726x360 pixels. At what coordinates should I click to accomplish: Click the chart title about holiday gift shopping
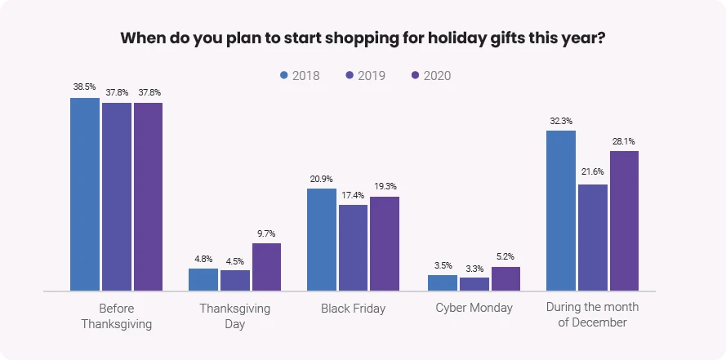(x=363, y=38)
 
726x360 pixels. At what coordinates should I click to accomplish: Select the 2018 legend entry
(x=299, y=76)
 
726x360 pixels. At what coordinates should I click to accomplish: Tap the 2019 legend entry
(x=364, y=76)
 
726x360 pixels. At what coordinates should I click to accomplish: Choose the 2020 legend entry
(x=430, y=76)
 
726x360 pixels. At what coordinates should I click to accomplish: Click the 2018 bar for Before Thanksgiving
(x=84, y=194)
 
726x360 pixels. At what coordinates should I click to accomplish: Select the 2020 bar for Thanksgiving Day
(x=266, y=267)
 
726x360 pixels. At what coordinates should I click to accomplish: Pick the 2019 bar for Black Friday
(x=353, y=247)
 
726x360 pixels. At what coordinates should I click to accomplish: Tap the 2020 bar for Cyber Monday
(x=506, y=278)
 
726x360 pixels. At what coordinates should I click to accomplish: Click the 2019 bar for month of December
(x=593, y=238)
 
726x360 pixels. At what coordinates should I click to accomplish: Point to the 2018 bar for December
(x=560, y=210)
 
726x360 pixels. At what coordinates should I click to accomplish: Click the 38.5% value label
(x=84, y=87)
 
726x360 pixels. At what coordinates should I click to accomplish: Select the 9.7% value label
(x=266, y=233)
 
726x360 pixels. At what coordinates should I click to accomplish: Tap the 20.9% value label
(x=322, y=178)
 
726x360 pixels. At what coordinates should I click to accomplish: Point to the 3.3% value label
(x=474, y=268)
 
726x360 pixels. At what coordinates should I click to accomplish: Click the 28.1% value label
(x=624, y=140)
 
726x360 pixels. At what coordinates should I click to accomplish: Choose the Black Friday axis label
(x=353, y=309)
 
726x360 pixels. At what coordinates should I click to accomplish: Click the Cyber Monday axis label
(x=474, y=308)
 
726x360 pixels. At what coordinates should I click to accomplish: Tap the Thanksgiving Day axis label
(x=234, y=316)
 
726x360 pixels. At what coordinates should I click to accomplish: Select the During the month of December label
(x=592, y=315)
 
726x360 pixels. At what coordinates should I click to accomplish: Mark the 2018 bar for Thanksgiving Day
(x=203, y=279)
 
